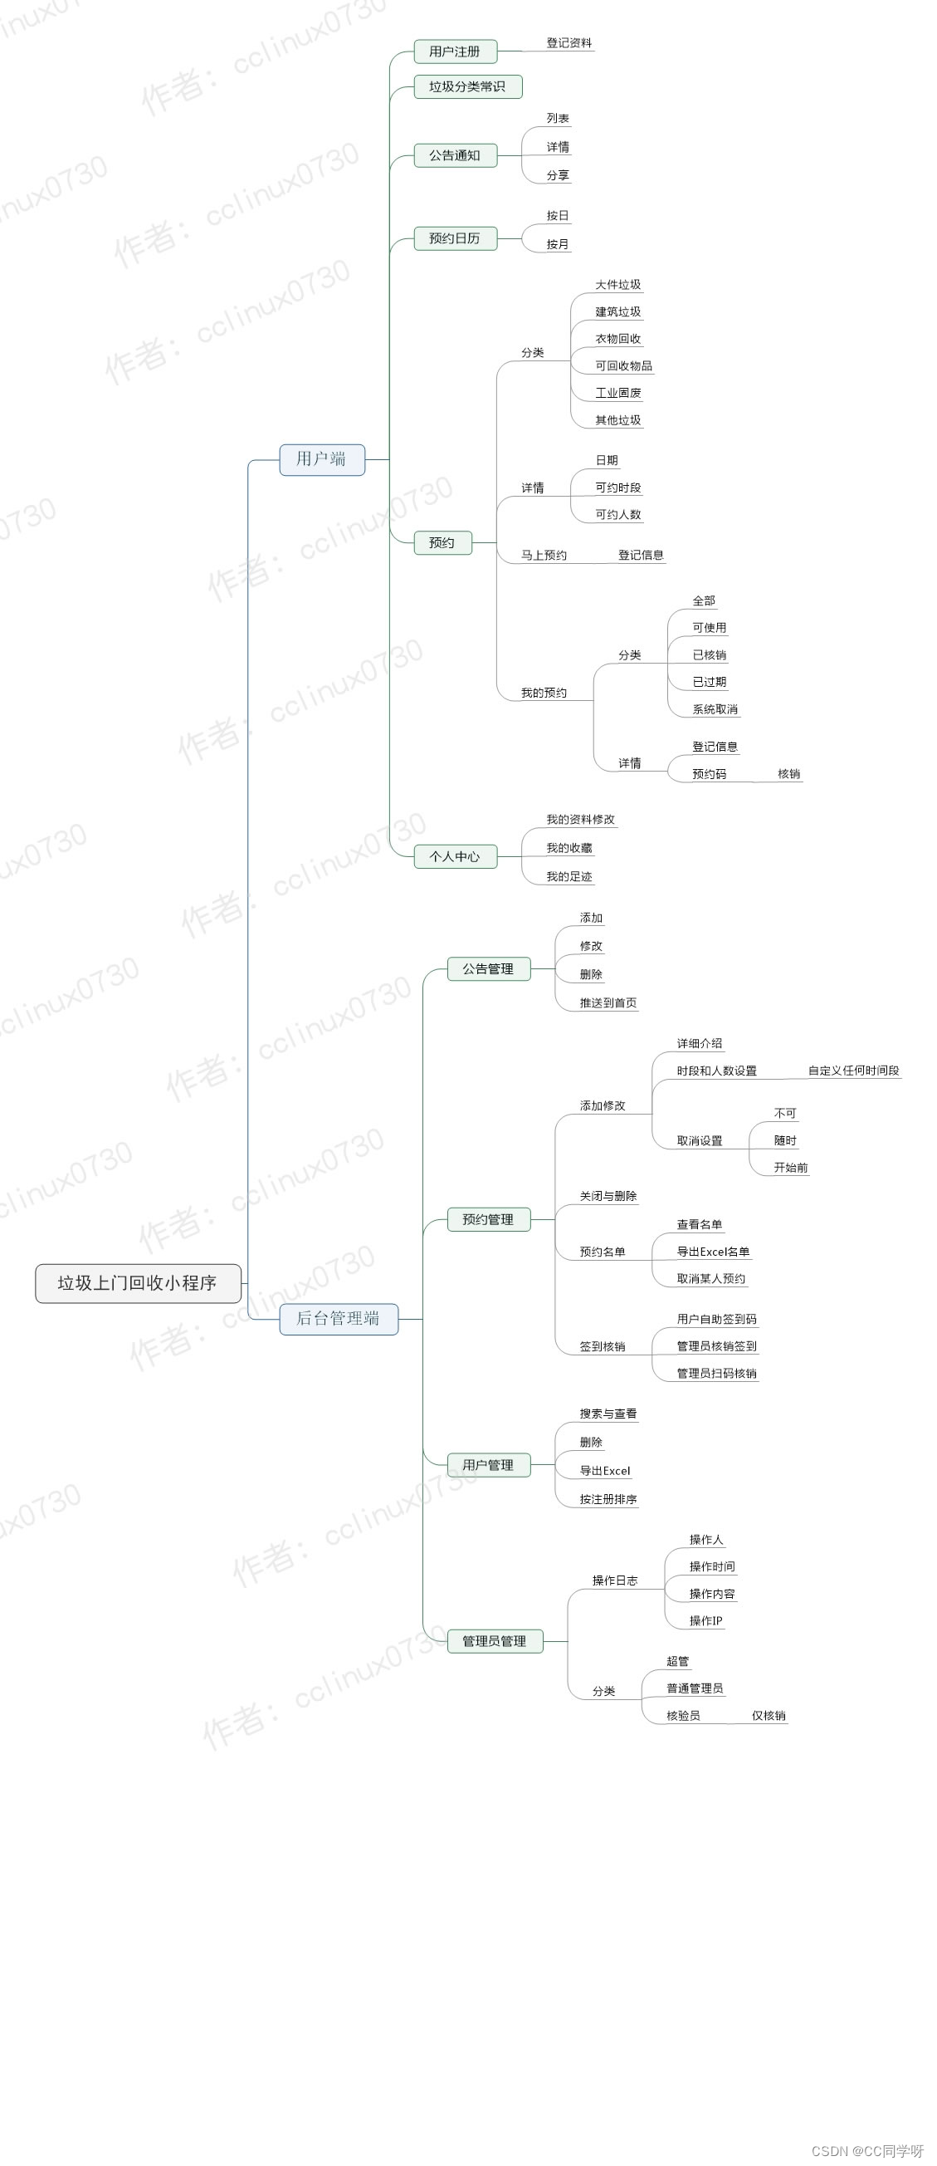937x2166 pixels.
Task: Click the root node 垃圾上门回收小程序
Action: [x=138, y=1283]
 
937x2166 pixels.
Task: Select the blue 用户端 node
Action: [x=322, y=459]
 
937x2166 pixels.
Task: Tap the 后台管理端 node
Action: [x=338, y=1318]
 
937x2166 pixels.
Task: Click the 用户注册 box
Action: [x=455, y=51]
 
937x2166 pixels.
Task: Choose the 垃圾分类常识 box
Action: [x=467, y=86]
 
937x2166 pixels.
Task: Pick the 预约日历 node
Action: [x=455, y=239]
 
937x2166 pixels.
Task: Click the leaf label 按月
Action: [x=558, y=245]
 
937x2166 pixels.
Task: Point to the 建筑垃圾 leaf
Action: [x=617, y=312]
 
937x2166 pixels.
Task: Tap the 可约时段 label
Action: [x=617, y=488]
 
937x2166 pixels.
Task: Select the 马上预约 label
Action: [x=544, y=555]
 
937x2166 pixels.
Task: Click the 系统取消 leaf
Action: [x=715, y=709]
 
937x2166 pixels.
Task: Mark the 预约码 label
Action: [x=709, y=774]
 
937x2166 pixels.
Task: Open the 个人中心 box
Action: [x=455, y=857]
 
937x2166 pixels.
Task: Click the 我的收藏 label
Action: [x=569, y=849]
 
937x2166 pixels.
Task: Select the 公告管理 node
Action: [x=488, y=968]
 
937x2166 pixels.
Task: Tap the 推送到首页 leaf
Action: [x=608, y=1003]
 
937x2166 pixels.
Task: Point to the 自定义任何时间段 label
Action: [x=853, y=1071]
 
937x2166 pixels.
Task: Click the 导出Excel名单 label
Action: [x=713, y=1252]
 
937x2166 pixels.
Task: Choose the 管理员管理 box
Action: [x=494, y=1641]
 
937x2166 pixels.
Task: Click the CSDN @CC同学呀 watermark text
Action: [x=867, y=2151]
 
